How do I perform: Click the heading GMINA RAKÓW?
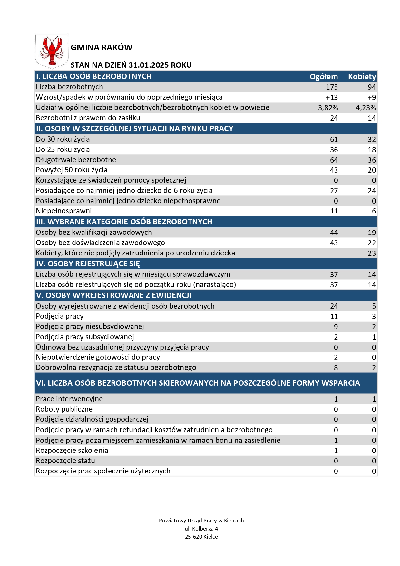(x=101, y=48)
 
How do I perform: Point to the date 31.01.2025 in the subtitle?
(x=149, y=65)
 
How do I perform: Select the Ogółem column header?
(x=324, y=77)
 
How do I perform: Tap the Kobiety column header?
(x=362, y=77)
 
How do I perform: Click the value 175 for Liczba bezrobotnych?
(x=332, y=87)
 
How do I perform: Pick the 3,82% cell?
(x=328, y=108)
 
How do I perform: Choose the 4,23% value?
(x=366, y=108)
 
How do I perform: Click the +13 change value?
(x=332, y=97)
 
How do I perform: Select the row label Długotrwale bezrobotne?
(x=76, y=160)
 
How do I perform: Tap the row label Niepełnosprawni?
(x=64, y=211)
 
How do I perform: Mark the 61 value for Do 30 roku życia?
(x=334, y=139)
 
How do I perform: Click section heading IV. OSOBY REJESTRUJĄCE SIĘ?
(x=88, y=264)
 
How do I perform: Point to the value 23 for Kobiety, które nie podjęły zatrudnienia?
(x=372, y=253)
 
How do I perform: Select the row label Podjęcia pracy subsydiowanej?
(x=85, y=337)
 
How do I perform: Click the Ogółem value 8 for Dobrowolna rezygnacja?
(x=336, y=368)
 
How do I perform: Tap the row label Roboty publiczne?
(x=64, y=409)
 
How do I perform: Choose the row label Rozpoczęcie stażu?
(x=65, y=461)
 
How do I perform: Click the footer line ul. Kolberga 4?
(x=201, y=529)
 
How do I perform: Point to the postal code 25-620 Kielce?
(x=201, y=537)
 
